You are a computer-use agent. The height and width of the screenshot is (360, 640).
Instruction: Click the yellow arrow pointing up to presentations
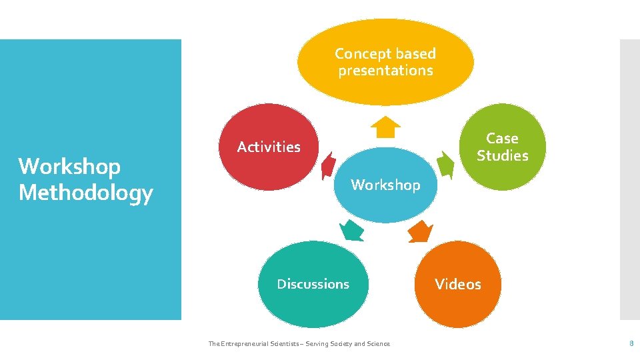(385, 127)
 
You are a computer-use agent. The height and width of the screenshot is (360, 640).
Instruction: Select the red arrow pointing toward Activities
(328, 165)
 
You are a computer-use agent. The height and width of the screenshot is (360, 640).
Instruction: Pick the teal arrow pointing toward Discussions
(351, 230)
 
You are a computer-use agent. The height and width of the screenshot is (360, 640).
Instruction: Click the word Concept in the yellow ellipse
(360, 53)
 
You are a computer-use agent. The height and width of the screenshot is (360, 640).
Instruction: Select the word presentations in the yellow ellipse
(385, 70)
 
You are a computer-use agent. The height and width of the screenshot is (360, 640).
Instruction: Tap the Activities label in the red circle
(269, 147)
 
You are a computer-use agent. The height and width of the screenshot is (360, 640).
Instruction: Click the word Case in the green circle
(502, 138)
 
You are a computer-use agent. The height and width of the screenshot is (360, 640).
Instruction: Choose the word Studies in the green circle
(502, 155)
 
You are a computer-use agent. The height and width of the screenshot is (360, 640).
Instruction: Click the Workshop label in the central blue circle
(385, 185)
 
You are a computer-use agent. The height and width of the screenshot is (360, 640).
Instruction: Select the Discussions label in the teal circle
(313, 284)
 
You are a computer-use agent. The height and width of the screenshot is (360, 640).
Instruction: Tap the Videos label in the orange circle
(458, 284)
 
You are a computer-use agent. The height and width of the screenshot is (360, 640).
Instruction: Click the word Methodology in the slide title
(85, 193)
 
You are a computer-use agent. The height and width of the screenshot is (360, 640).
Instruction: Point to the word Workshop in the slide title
(69, 166)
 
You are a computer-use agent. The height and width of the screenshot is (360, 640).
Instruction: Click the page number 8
(631, 343)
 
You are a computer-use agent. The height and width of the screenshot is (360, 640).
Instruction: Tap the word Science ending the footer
(378, 344)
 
